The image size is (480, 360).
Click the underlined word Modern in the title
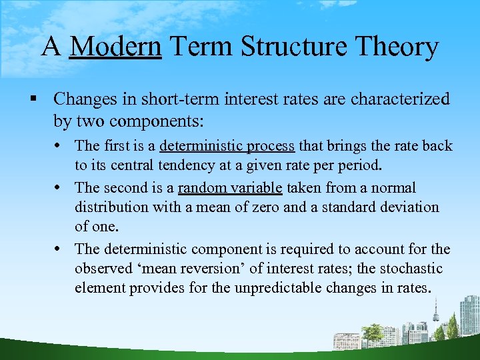(x=115, y=47)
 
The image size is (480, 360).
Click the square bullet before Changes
(x=33, y=99)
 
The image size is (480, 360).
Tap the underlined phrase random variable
(x=230, y=188)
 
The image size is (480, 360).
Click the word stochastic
(x=409, y=269)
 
